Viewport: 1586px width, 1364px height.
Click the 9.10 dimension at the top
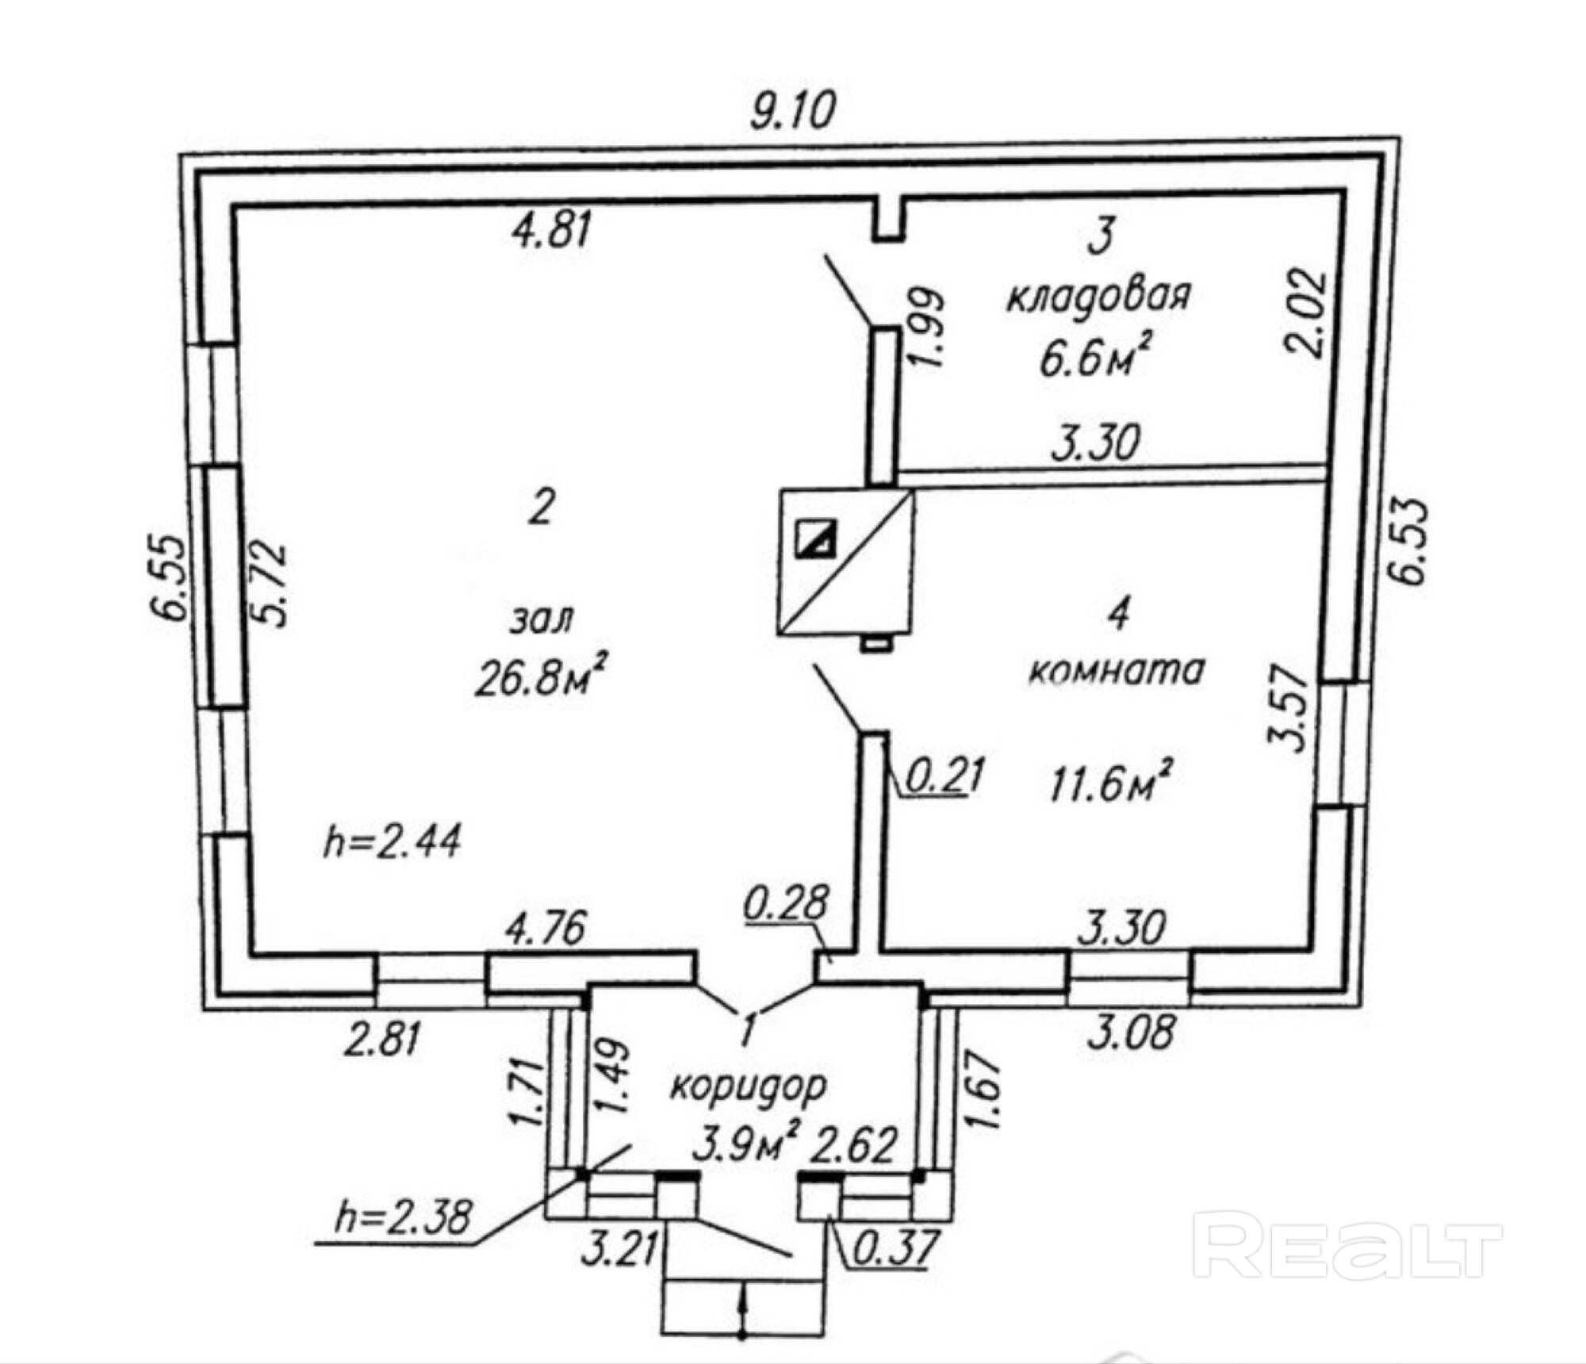(793, 110)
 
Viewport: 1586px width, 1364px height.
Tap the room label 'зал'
(542, 619)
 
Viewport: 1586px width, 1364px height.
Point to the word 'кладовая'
(1099, 296)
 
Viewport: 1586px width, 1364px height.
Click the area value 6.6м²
(1095, 358)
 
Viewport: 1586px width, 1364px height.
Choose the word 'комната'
(1117, 670)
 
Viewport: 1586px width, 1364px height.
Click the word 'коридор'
(749, 1086)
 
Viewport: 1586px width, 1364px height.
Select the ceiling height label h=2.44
(393, 841)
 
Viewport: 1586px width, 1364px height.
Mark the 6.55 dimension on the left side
(168, 577)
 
